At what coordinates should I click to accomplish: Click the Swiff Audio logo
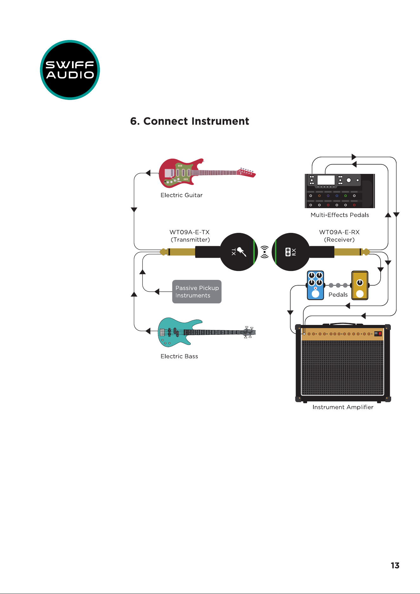pos(70,70)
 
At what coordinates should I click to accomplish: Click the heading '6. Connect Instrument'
pos(190,121)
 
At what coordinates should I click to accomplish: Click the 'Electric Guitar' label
pos(181,195)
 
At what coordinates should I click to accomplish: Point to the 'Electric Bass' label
pos(179,356)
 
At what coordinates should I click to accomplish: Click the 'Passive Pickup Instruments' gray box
pos(197,292)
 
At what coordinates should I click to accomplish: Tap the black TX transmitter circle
pos(239,252)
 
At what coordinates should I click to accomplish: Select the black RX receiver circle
pos(291,252)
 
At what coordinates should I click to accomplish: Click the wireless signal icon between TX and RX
pos(265,252)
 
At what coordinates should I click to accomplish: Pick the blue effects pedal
pos(315,285)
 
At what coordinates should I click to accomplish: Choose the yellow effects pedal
pos(360,285)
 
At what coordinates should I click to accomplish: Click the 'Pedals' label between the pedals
pos(338,295)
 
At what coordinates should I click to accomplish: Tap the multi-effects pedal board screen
pos(326,180)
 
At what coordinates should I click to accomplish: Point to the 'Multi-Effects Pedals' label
pos(340,215)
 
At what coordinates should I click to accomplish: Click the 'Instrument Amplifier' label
pos(343,407)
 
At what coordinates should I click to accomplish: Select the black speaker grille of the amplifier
pos(343,368)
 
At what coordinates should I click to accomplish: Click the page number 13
pos(395,565)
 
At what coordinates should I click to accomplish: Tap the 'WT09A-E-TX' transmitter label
pos(190,232)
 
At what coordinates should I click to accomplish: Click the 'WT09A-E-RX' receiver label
pos(339,232)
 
